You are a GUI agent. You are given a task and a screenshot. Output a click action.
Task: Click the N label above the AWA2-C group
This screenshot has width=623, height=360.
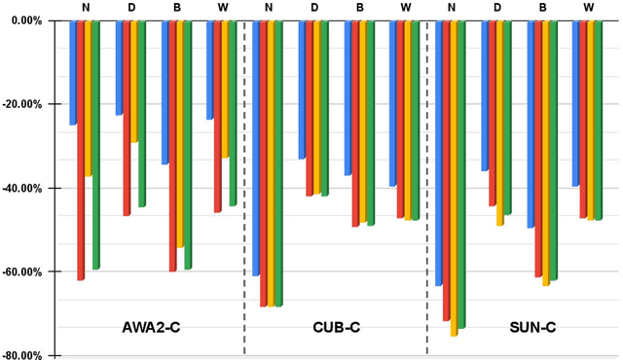[86, 8]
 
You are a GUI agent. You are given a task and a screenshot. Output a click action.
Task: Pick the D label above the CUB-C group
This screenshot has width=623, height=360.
[313, 8]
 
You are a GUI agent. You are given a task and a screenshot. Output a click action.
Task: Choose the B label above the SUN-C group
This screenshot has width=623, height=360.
[543, 8]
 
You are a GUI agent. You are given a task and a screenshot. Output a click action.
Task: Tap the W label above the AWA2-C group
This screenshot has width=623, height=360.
[223, 8]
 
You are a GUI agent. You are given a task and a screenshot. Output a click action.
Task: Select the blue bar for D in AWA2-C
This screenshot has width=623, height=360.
[120, 68]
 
